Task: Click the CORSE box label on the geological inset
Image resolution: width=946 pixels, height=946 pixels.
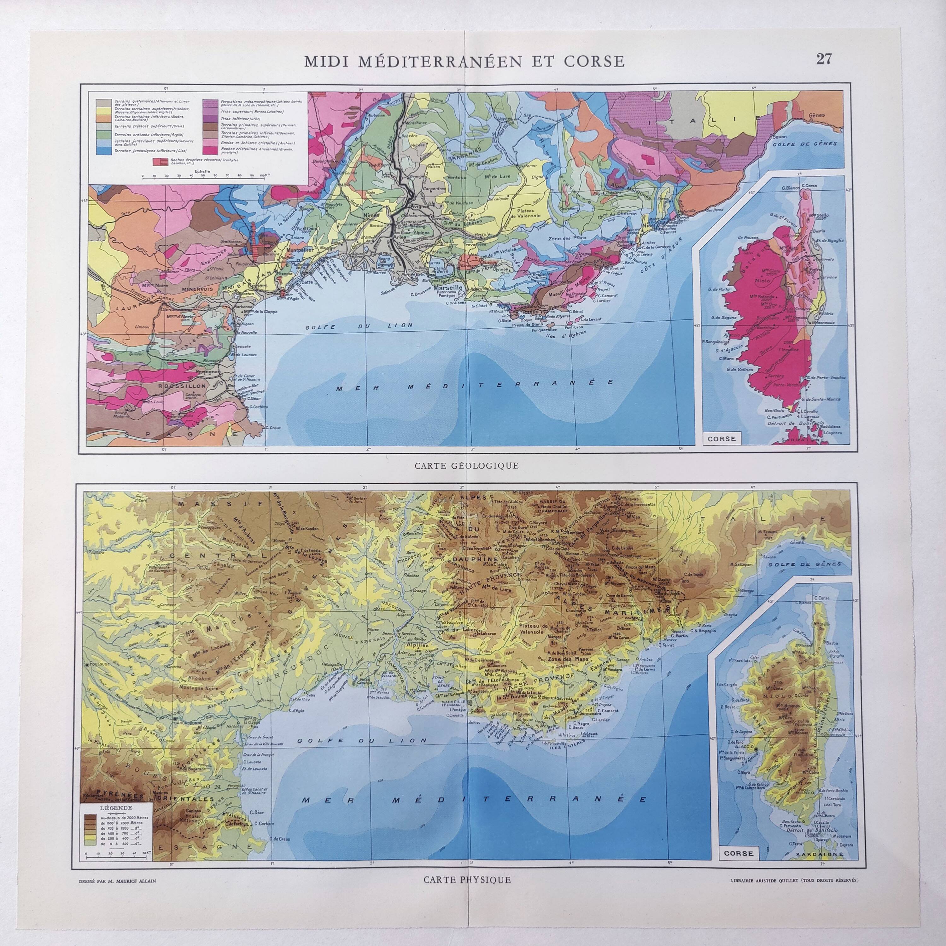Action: [x=722, y=438]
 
